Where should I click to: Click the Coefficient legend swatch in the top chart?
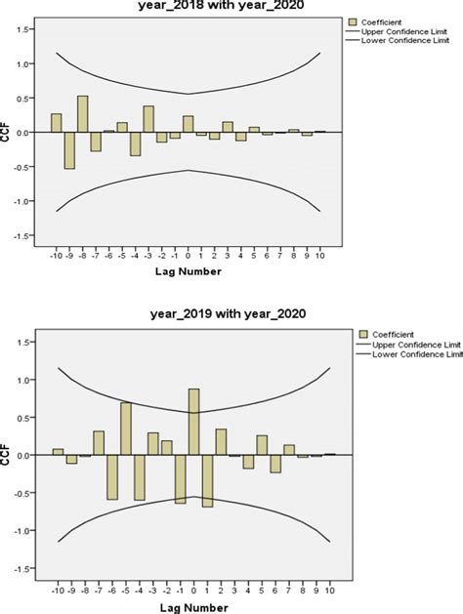[x=351, y=21]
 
